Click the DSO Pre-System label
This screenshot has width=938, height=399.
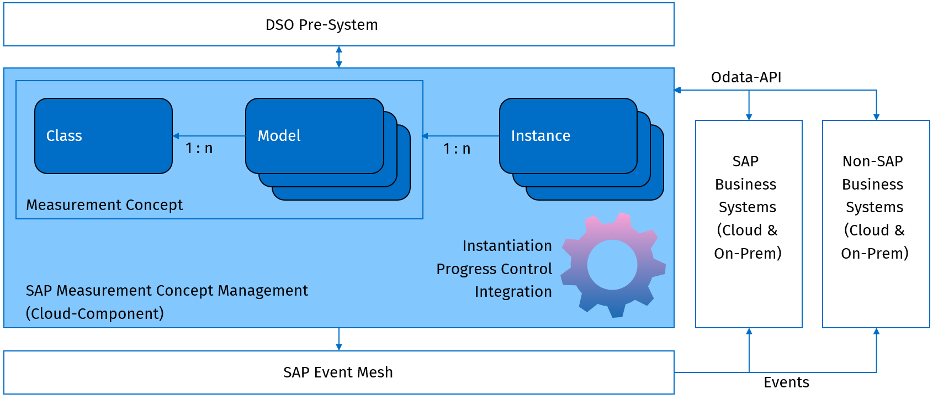(321, 25)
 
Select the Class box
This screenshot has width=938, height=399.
(103, 136)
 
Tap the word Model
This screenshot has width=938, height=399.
(279, 136)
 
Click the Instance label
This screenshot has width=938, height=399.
(540, 136)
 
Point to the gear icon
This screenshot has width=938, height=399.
(613, 265)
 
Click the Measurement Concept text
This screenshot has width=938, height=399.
(104, 205)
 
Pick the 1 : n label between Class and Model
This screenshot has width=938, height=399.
(199, 149)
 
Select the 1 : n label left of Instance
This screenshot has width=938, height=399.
(457, 149)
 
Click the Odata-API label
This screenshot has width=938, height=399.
(746, 77)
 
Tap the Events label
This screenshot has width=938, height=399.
(786, 382)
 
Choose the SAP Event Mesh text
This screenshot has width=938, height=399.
(338, 372)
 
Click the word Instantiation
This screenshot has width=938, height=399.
(507, 246)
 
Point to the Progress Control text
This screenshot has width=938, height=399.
(494, 269)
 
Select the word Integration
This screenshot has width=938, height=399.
(513, 292)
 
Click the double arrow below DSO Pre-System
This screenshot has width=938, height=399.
(339, 57)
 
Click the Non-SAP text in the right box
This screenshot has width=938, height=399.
(872, 161)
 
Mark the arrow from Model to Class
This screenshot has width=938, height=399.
(209, 136)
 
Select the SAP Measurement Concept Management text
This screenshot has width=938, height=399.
(167, 291)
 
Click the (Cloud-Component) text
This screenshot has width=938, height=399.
(94, 314)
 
